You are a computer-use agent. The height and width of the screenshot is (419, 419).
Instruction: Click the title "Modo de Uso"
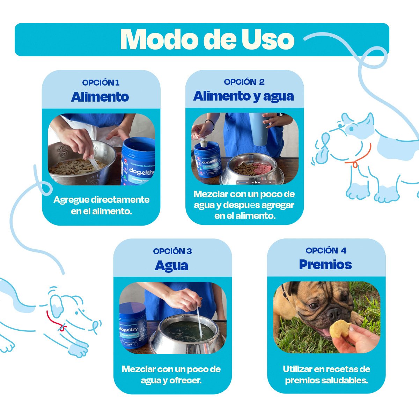207,39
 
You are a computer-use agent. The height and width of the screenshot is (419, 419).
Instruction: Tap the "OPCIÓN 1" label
101,83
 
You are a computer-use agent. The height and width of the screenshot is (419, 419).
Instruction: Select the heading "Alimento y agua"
243,96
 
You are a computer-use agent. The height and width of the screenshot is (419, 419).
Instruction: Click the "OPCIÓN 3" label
172,251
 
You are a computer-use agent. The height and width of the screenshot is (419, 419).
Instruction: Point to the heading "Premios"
325,265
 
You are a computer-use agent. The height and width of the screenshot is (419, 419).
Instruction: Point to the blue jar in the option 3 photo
133,326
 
